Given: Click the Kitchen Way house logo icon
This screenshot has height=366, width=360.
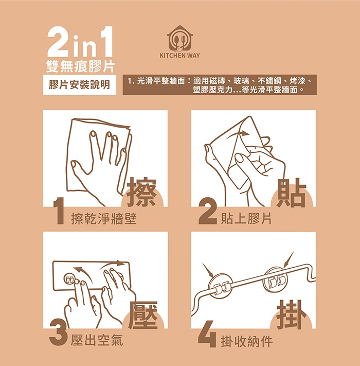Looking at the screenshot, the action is click(180, 38).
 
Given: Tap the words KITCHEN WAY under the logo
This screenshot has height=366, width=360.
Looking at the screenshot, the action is click(180, 56).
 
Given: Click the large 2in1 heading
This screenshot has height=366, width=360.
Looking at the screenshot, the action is click(80, 42).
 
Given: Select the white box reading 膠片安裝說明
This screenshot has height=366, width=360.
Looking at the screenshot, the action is click(80, 85).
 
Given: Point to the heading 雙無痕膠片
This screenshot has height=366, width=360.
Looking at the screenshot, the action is click(80, 66).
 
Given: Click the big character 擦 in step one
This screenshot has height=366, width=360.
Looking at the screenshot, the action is click(142, 193).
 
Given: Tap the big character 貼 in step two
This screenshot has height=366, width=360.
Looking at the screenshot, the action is click(291, 193).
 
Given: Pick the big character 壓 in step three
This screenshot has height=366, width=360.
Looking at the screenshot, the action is click(143, 315).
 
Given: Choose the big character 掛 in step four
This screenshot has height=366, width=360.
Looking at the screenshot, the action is click(292, 315).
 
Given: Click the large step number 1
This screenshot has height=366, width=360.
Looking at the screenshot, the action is click(59, 211).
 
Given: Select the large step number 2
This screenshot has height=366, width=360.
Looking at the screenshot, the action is click(207, 211).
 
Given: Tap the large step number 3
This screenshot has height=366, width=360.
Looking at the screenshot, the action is click(59, 333).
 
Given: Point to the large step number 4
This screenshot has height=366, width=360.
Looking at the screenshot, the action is click(207, 334).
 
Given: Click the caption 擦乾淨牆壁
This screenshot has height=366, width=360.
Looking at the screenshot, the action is click(104, 219).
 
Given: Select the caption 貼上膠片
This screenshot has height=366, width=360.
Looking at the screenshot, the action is click(246, 219).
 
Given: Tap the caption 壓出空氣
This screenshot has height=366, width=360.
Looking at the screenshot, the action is click(97, 340).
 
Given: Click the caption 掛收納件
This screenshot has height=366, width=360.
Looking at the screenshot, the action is click(247, 342).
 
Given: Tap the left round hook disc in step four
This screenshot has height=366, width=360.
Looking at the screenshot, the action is click(220, 286).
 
